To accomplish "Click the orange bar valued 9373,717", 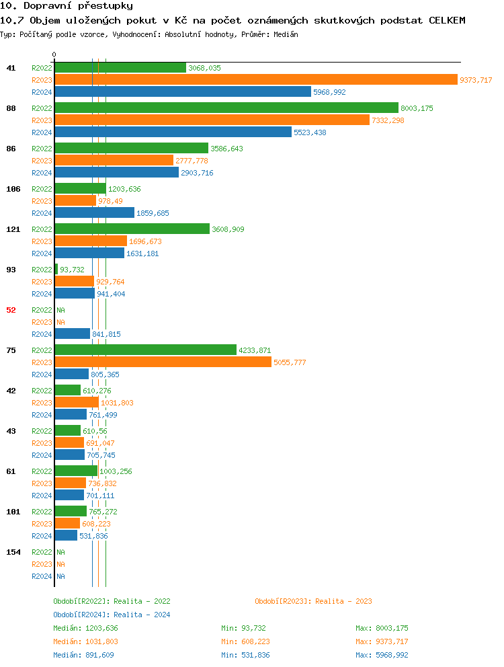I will click(255, 80).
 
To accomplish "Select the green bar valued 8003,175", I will click(226, 108).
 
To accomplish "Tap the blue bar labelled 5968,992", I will click(183, 92).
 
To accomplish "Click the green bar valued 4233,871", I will click(146, 350).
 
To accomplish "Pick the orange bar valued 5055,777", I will click(163, 362).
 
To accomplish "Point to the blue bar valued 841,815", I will click(73, 334).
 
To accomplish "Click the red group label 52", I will click(11, 310).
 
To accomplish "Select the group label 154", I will click(13, 552).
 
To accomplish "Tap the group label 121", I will click(13, 229).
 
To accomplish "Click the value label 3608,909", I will click(228, 229).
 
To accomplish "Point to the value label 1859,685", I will click(153, 213).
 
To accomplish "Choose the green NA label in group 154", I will click(60, 552).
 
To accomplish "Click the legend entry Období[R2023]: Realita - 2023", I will click(313, 601).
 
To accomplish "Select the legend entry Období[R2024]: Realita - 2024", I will click(112, 615).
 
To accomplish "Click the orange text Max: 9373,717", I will click(382, 641).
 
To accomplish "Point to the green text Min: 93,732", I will click(243, 628).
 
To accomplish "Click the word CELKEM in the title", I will click(447, 20).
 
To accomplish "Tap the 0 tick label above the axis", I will click(54, 54).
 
